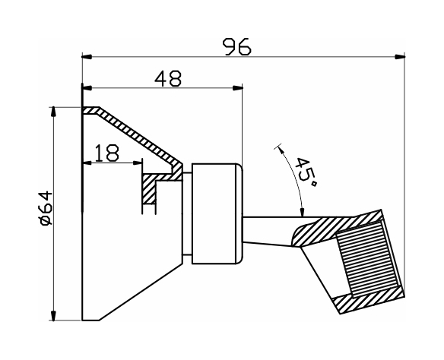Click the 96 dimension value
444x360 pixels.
[236, 46]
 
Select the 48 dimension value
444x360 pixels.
[168, 78]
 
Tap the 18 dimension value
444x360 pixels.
[106, 153]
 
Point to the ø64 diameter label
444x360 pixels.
[46, 208]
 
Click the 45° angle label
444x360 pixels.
[306, 172]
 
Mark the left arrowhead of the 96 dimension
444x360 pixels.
[87, 57]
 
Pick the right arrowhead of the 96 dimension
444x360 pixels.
[400, 56]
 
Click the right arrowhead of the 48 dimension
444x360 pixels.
[237, 88]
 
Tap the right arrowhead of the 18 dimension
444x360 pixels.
[137, 163]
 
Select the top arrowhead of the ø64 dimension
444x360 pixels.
[53, 112]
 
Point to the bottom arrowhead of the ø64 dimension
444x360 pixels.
[53, 315]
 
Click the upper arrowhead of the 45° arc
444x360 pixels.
[281, 150]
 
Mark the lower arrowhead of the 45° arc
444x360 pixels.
[302, 212]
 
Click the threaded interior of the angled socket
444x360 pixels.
[368, 259]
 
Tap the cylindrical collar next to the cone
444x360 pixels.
[217, 213]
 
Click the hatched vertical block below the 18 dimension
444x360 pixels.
[149, 189]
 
